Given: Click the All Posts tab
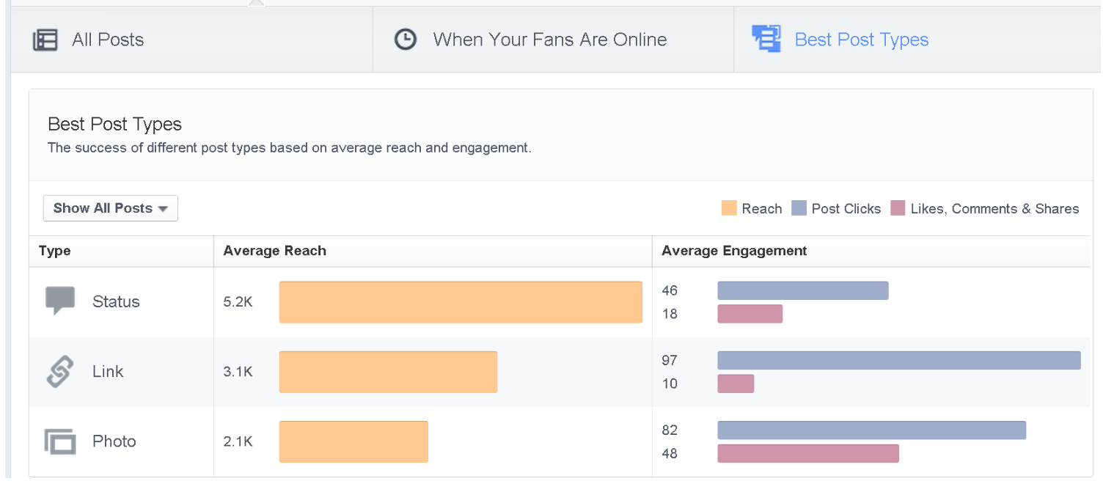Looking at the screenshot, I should click(107, 40).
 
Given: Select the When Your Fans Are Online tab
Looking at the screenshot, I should click(549, 40).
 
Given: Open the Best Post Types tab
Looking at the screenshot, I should click(861, 40).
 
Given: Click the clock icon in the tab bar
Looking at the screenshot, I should click(406, 40).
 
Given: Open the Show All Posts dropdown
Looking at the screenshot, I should click(111, 208).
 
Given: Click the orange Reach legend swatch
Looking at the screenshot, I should click(729, 209).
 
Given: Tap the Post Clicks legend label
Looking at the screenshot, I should click(846, 209).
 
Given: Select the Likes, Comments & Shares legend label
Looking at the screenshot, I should click(994, 209).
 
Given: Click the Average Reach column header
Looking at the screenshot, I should click(275, 251).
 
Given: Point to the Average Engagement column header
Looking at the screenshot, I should click(734, 251).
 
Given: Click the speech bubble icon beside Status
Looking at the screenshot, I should click(60, 301).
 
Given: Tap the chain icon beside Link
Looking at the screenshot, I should click(59, 372).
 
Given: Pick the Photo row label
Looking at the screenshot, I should click(114, 441).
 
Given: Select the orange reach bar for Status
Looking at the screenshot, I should click(461, 302).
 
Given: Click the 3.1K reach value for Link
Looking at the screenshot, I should click(238, 372).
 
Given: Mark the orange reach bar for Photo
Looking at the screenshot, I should click(353, 441).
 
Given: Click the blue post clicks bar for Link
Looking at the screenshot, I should click(898, 360).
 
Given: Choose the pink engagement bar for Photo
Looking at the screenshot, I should click(807, 453).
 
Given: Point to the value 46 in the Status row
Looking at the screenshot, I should click(670, 290).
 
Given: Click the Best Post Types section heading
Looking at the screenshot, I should click(114, 124).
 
